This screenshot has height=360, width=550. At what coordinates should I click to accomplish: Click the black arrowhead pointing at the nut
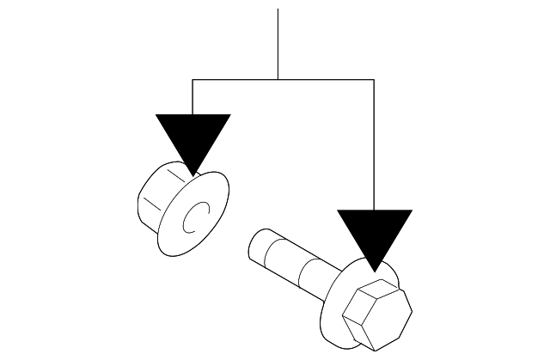(192, 137)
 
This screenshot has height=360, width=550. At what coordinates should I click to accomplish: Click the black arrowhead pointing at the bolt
(374, 233)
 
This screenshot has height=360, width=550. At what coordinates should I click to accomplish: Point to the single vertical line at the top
(278, 43)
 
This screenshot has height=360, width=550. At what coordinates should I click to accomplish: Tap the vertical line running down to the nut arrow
(192, 96)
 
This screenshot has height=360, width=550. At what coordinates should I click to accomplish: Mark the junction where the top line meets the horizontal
(278, 80)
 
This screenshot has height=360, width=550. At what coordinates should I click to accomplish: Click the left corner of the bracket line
(192, 80)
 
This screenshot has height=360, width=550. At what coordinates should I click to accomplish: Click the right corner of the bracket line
(374, 80)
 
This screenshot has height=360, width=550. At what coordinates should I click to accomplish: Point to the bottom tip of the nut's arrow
(192, 174)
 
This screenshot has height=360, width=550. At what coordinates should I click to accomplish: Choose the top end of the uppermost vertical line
(278, 10)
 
